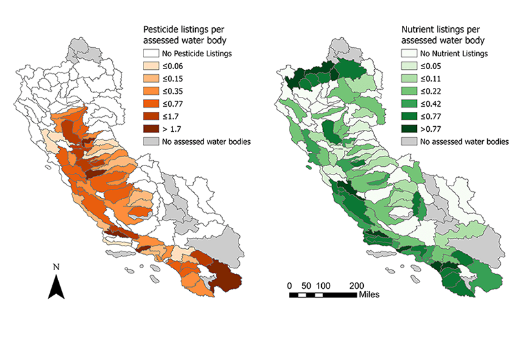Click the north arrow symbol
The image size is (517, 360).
click(57, 286)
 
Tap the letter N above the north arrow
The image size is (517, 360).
click(57, 266)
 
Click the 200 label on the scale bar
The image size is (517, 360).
click(356, 285)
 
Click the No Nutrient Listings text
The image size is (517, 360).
click(461, 54)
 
